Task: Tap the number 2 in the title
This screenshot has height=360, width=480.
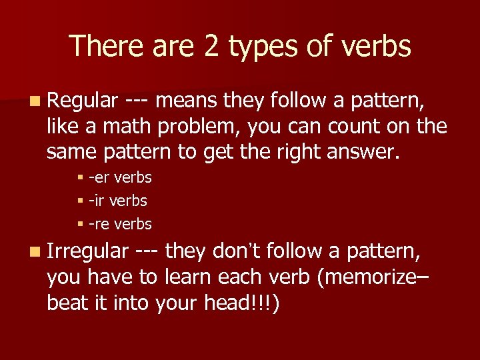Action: (212, 47)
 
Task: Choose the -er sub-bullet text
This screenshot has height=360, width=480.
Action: (121, 178)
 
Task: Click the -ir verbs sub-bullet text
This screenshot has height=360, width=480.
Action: (119, 201)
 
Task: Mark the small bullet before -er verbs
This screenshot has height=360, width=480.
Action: (79, 178)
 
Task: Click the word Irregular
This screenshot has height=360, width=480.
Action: (87, 252)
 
